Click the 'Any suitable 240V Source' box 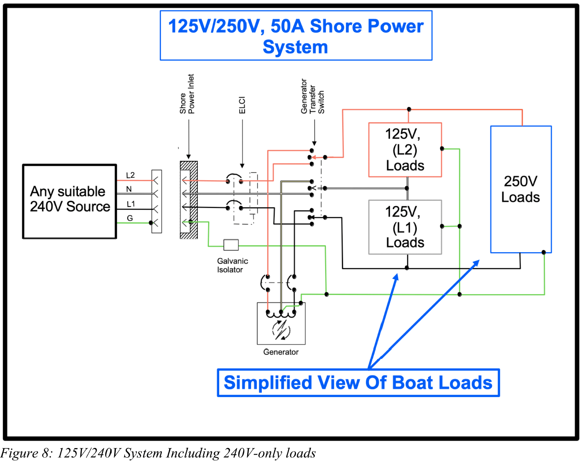(69, 202)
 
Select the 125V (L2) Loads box (405, 150)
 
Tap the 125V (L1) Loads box (405, 227)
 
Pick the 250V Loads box (521, 189)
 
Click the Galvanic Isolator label (232, 265)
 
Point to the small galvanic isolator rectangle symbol (231, 245)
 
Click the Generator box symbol (281, 324)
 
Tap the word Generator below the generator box (281, 352)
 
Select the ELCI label (242, 105)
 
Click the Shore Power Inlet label (187, 94)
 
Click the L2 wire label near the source (130, 175)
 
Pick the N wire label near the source (129, 189)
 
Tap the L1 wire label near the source (130, 204)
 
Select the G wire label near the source (130, 218)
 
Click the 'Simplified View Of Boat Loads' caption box (358, 383)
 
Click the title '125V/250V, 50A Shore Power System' (296, 36)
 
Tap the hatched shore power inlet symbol (189, 200)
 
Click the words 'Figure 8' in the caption (26, 453)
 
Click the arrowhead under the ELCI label (242, 166)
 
